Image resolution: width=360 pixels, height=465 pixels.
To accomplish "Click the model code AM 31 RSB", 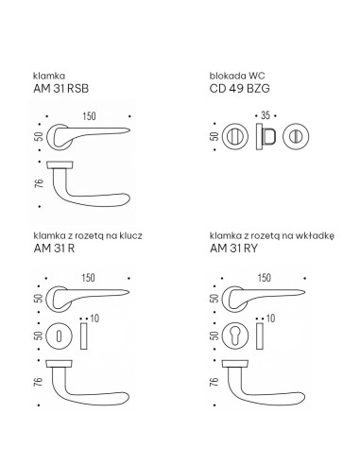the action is [60, 89].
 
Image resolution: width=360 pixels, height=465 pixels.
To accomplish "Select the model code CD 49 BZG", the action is [239, 89].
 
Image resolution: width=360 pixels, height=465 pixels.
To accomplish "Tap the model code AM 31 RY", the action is [233, 249].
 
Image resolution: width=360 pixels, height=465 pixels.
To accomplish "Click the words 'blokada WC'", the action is [237, 76].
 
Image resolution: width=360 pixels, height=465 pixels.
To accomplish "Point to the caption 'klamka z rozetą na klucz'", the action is [88, 235].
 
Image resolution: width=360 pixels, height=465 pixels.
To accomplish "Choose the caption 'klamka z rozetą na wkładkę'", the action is [272, 236].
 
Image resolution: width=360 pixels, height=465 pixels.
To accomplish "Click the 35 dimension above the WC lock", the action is [266, 115].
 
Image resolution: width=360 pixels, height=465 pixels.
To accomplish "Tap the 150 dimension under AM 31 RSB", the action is [89, 116].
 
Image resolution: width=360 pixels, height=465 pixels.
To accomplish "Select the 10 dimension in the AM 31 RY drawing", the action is [270, 319].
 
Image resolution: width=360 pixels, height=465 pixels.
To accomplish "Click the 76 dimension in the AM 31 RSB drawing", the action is [39, 183].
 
